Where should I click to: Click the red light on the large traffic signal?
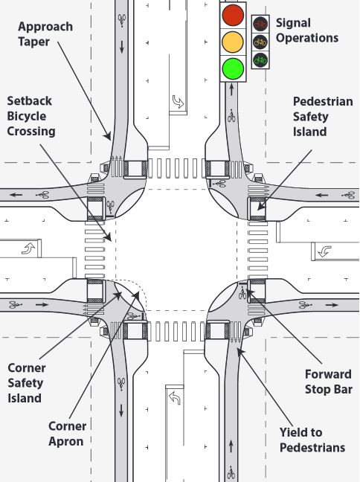click(x=233, y=15)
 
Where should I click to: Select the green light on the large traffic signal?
click(x=233, y=68)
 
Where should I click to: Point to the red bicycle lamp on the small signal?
click(x=260, y=24)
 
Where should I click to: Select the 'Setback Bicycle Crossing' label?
click(x=30, y=115)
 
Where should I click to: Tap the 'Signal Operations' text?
click(x=306, y=30)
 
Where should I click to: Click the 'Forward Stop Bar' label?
click(x=328, y=382)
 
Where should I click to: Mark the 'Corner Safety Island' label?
click(x=27, y=382)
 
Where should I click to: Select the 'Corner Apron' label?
click(x=68, y=434)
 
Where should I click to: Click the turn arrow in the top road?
click(x=178, y=100)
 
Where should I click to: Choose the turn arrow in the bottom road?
click(x=174, y=398)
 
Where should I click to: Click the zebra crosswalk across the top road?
click(x=176, y=169)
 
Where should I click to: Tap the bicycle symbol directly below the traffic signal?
click(x=232, y=116)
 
